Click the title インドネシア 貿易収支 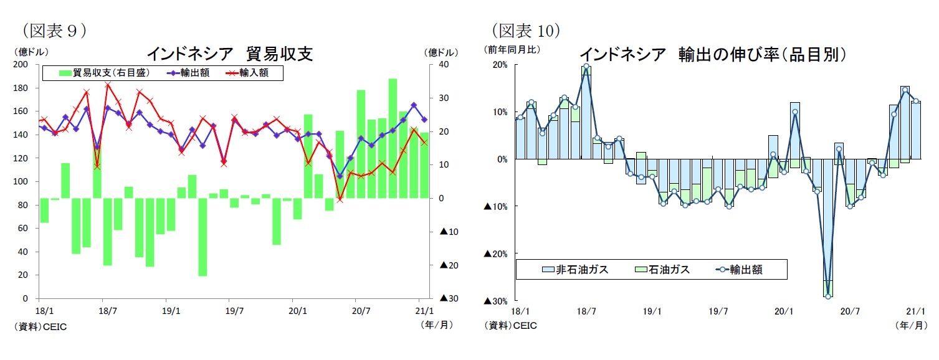click(x=229, y=54)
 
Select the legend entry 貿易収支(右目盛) click(x=104, y=73)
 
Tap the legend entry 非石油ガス click(x=575, y=269)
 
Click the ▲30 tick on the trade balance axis click(x=449, y=299)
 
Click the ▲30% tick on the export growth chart click(x=497, y=301)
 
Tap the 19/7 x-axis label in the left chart click(x=234, y=310)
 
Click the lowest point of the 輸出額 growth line click(x=827, y=296)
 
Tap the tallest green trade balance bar click(x=393, y=138)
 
